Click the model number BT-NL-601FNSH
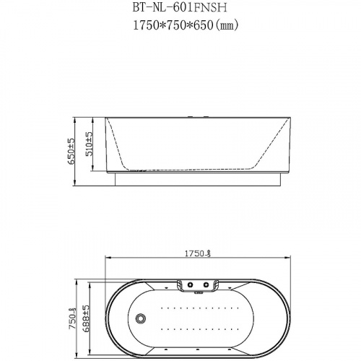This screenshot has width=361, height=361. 180,8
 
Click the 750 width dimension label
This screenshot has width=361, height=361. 72,318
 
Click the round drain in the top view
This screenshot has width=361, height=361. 142,318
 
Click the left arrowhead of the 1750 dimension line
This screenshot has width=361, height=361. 108,258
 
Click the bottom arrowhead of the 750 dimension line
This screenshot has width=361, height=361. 77,357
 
